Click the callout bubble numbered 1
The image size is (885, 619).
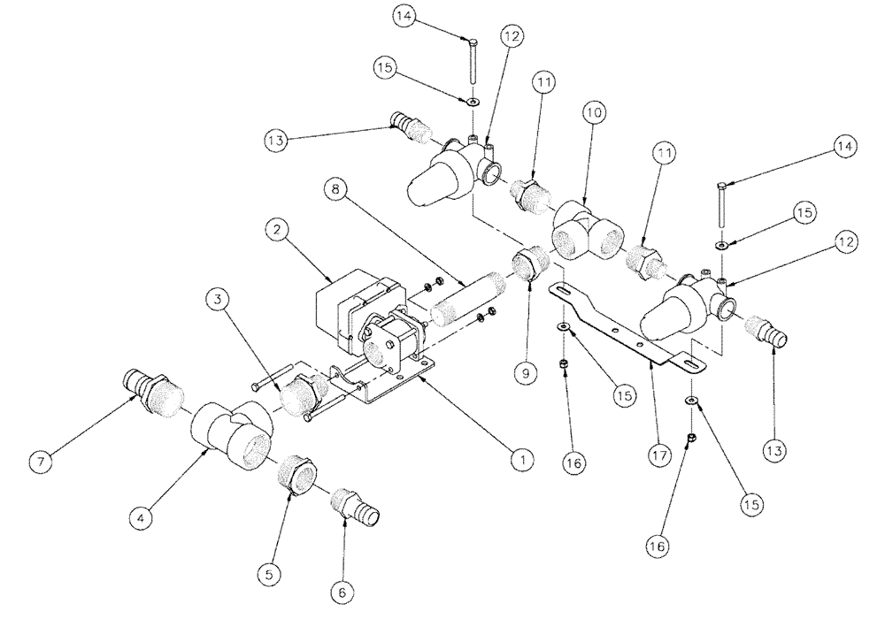522,459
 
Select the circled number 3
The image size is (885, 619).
214,301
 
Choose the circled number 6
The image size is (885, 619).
340,587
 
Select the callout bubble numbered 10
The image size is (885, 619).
593,112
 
